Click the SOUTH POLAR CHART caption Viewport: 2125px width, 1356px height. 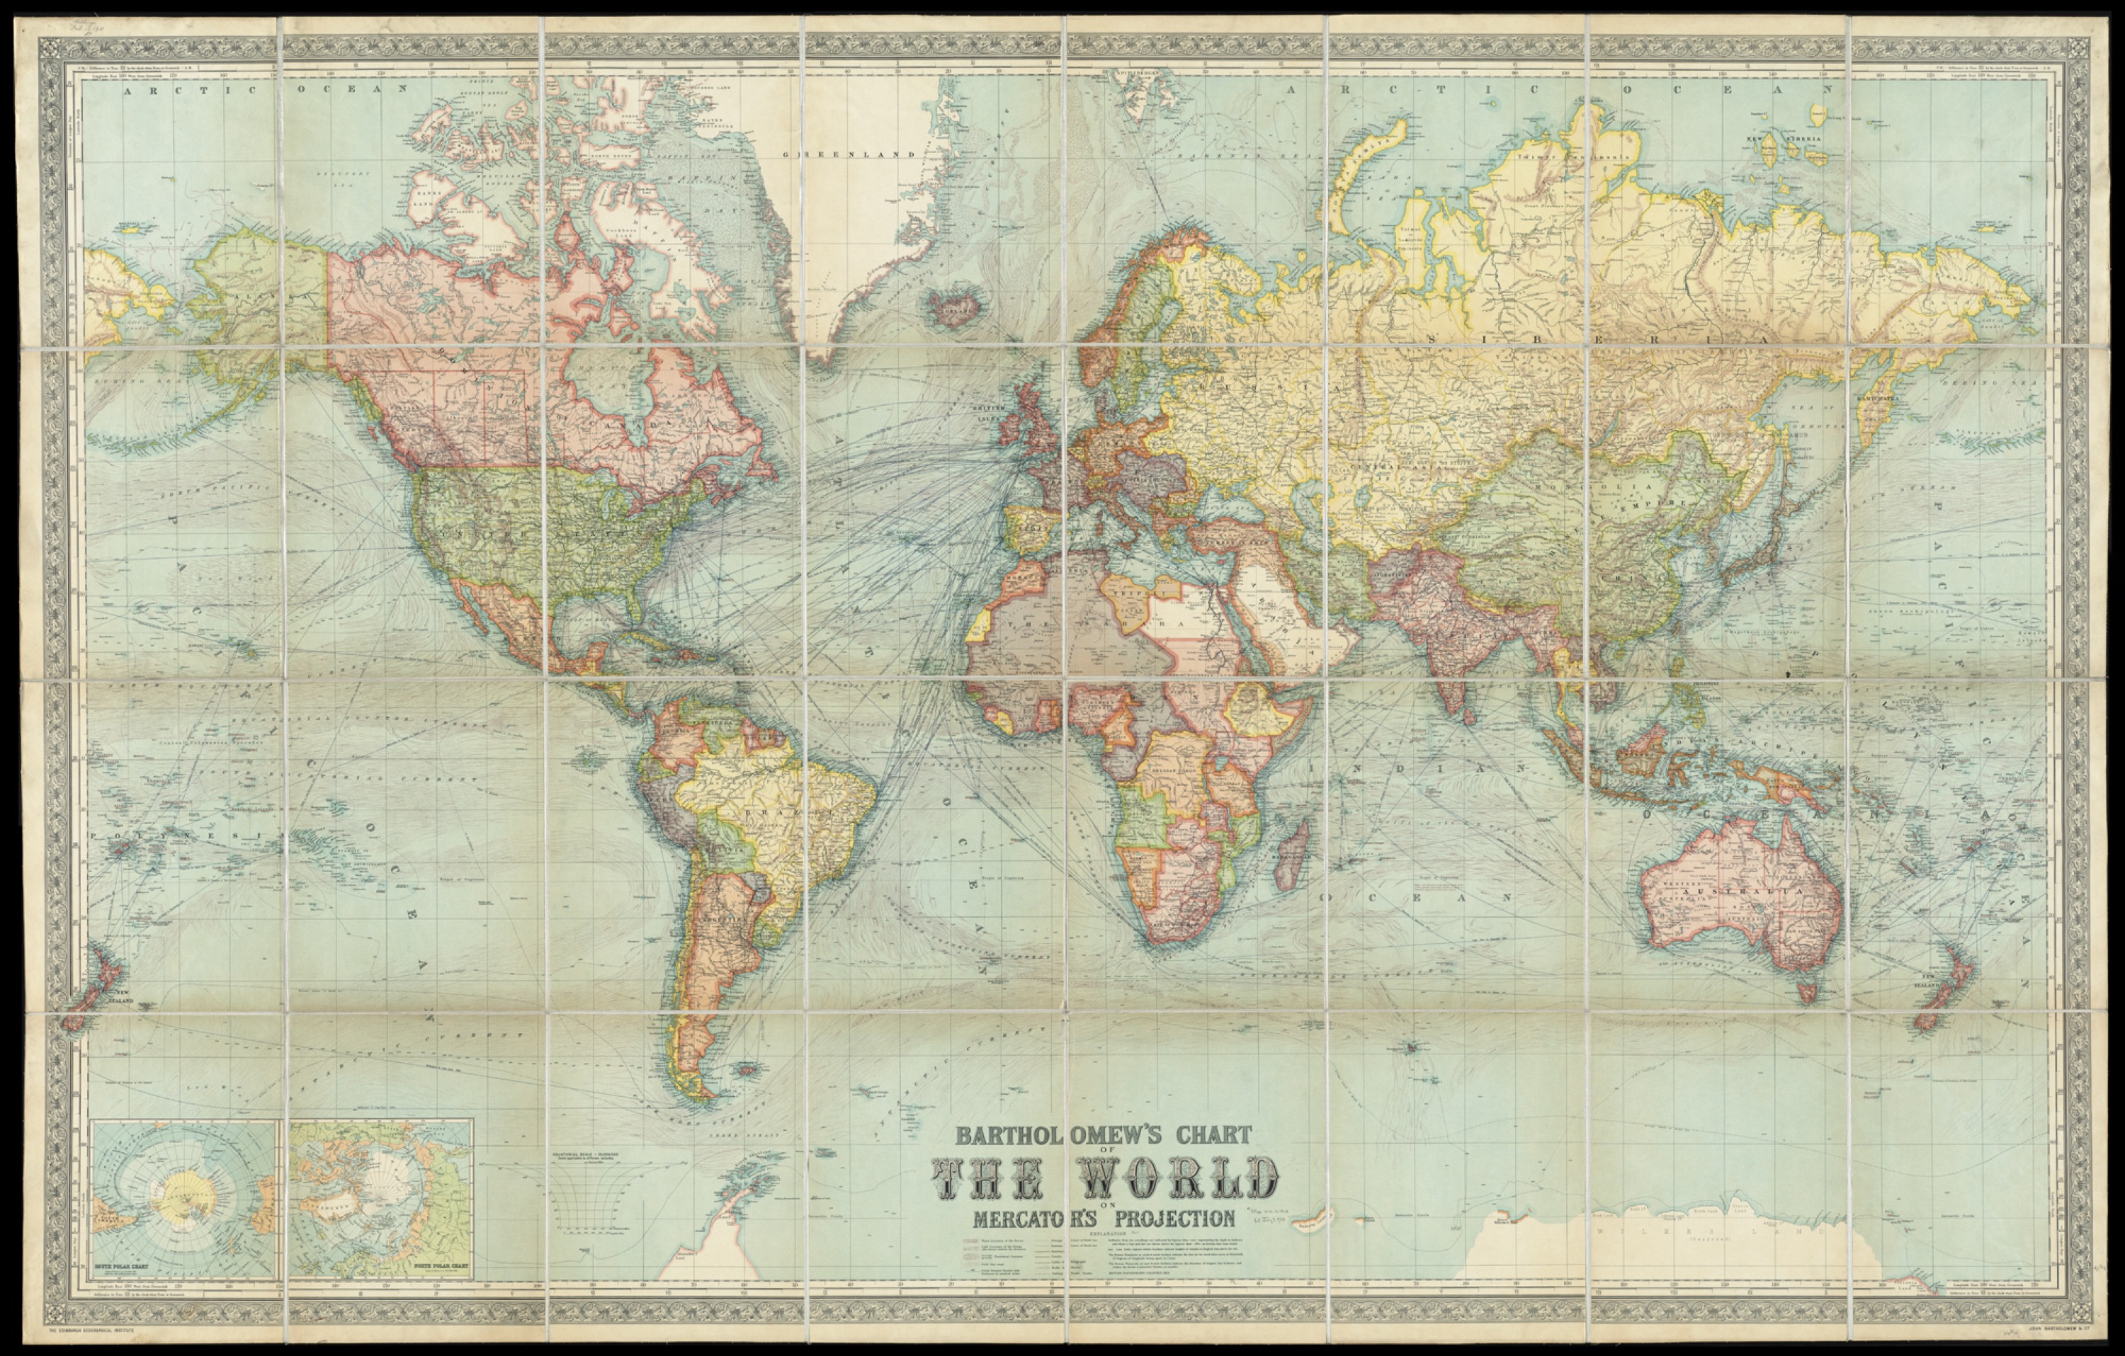[x=125, y=1274]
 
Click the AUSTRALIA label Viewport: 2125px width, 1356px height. [x=1756, y=893]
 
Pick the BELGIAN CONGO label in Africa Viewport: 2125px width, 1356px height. [x=1174, y=770]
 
